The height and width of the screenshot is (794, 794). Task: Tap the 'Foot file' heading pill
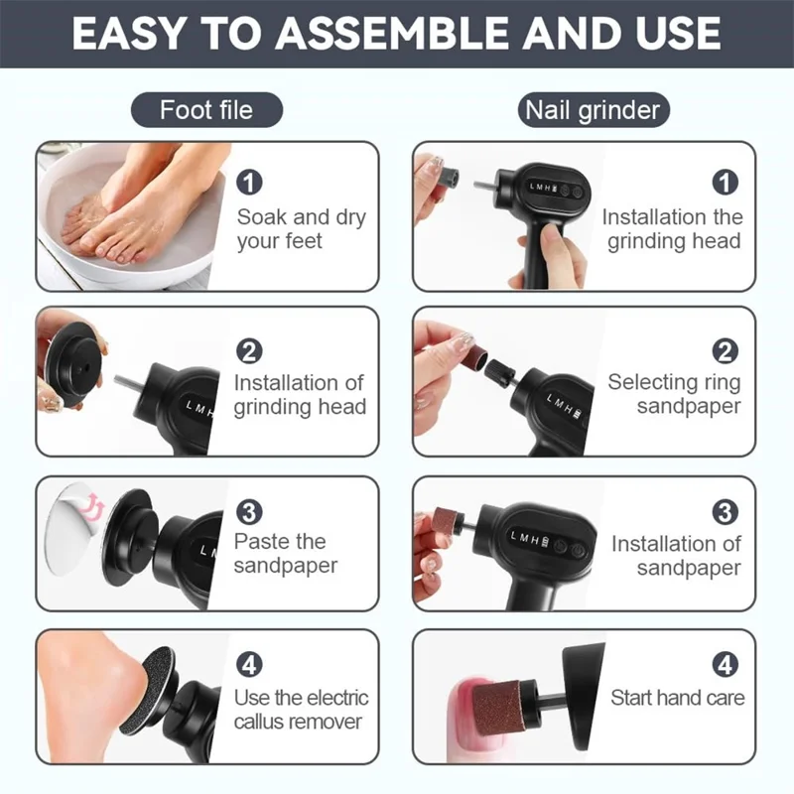206,109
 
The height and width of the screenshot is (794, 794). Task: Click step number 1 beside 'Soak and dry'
250,183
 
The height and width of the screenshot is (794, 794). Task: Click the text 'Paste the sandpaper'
285,554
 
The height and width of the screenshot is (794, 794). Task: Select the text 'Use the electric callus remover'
301,710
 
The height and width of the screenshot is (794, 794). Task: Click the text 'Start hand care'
677,698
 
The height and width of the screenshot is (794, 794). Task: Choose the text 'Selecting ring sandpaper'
674,394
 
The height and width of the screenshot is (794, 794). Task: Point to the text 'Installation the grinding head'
672,229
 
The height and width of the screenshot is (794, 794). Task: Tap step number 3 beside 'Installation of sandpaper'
726,512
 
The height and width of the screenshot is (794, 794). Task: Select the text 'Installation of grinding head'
300,394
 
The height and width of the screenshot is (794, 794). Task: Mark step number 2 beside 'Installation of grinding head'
250,351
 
